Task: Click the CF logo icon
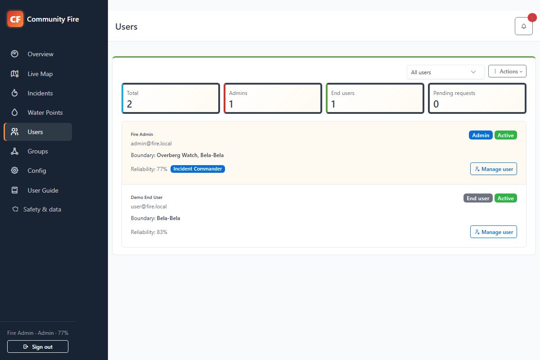click(15, 19)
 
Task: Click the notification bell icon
click(524, 26)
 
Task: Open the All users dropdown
click(445, 72)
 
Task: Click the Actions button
click(507, 72)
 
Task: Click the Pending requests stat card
click(477, 99)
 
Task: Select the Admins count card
click(273, 99)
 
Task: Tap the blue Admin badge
click(481, 135)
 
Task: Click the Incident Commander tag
click(198, 169)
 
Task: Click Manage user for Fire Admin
click(494, 169)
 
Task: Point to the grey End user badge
click(478, 198)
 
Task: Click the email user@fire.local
click(149, 207)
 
